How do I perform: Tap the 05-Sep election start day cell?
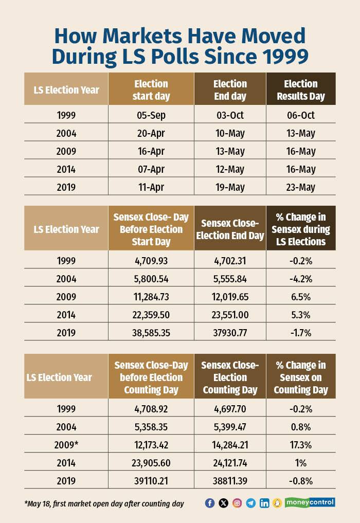151,115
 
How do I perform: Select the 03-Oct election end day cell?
230,115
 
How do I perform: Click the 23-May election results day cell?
300,187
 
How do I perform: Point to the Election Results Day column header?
300,90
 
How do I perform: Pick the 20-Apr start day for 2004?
151,133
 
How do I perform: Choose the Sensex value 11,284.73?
151,297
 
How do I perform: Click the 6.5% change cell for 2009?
300,297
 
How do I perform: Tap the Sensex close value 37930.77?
230,333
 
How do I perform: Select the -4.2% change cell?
300,279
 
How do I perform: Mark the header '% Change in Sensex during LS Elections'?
300,229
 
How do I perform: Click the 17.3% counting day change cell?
300,444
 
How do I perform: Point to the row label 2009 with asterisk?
66,444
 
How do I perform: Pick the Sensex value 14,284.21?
230,444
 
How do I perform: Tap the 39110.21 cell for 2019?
151,480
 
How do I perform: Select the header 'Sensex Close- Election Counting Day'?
230,377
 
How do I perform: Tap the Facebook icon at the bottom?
209,503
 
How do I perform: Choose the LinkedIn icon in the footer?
264,503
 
